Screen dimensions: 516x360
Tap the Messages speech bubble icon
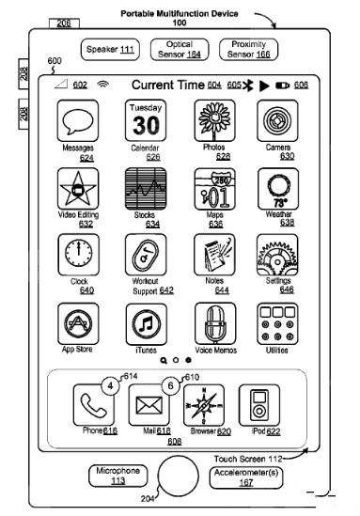pos(77,122)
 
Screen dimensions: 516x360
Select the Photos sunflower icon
pos(213,122)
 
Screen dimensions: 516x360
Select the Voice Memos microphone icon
pos(213,324)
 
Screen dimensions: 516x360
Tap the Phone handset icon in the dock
pos(93,405)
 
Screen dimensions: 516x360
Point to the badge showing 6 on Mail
pos(170,384)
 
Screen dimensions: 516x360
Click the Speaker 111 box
pos(109,49)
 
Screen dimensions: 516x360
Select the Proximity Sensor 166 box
pos(249,49)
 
